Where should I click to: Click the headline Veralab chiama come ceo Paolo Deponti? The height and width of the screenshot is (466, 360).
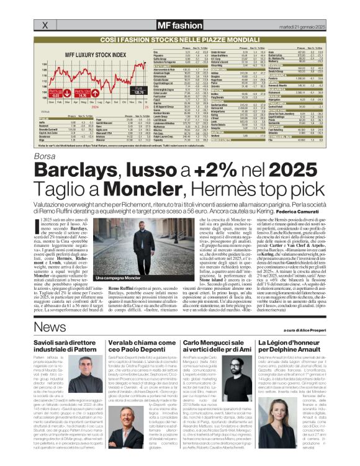[141, 346]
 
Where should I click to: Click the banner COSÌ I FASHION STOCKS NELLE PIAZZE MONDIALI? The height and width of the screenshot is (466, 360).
[179, 39]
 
